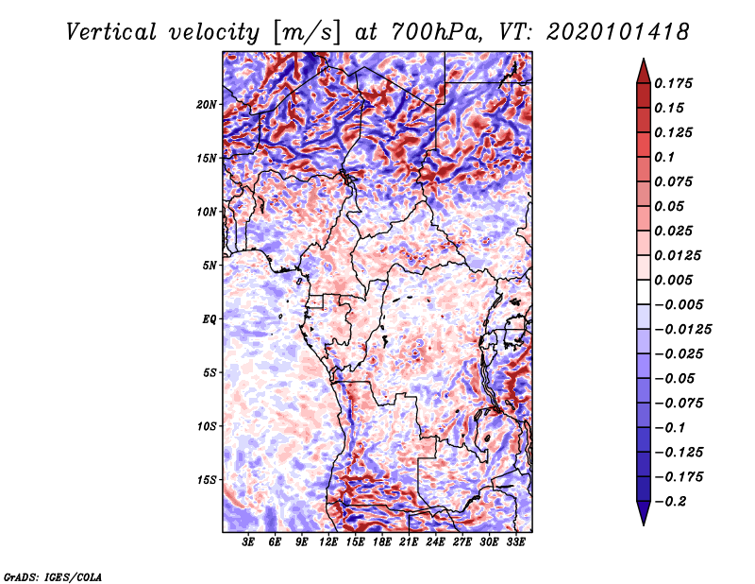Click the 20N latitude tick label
coord(208,104)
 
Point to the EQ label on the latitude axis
coord(210,318)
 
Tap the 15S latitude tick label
coord(208,479)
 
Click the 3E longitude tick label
coord(249,543)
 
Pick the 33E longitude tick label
coord(515,543)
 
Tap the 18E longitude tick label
coord(382,543)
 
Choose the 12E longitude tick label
coord(329,543)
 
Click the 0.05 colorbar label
coord(671,206)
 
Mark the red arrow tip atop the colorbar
coord(642,63)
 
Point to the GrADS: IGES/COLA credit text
coord(53,575)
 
